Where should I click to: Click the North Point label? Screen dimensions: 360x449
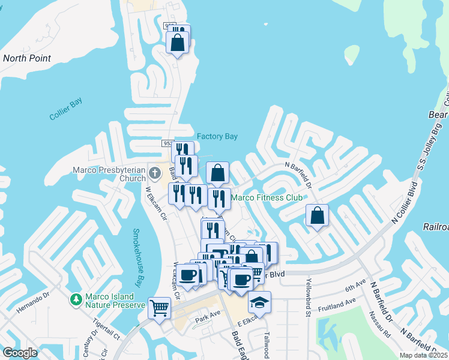27,58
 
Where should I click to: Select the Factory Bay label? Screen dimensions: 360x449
217,137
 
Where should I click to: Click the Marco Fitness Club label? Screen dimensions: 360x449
267,197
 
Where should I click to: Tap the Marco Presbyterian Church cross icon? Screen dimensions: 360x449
155,174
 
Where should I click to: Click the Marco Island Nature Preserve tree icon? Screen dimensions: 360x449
76,299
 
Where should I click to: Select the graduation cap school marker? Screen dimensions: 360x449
259,303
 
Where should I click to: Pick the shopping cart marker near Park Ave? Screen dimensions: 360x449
160,308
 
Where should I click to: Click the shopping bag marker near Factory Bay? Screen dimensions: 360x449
218,173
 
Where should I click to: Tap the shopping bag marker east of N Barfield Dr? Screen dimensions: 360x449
317,216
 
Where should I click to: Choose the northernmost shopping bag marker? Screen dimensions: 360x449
178,43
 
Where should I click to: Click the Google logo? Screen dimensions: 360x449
20,353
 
